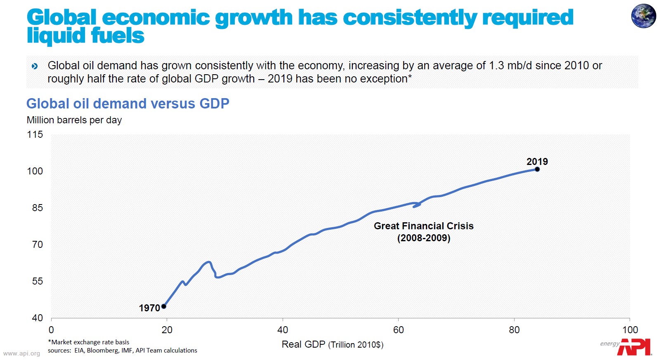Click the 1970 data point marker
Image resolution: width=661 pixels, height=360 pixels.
click(x=164, y=306)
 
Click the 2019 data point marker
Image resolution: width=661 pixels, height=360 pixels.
click(x=537, y=169)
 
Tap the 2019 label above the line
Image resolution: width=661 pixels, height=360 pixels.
click(x=537, y=162)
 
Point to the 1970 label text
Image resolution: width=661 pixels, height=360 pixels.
click(x=149, y=308)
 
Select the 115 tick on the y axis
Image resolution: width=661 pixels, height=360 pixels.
click(x=35, y=134)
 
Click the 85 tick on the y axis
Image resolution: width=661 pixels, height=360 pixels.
click(x=37, y=208)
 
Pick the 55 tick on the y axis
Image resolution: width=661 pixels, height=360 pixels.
click(x=37, y=281)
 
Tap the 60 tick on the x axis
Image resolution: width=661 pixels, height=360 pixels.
click(x=398, y=330)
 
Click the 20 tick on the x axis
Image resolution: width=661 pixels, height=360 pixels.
click(x=167, y=330)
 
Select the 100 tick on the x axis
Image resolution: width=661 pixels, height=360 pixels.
click(x=630, y=330)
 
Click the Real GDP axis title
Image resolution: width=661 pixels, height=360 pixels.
click(x=332, y=344)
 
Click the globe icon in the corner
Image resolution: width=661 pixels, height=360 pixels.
click(x=643, y=16)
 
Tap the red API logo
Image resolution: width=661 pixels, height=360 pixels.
click(x=634, y=347)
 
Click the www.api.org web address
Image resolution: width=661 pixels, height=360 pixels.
click(x=21, y=353)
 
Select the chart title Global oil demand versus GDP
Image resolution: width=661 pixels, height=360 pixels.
click(x=127, y=104)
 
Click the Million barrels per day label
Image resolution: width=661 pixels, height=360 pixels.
click(x=74, y=120)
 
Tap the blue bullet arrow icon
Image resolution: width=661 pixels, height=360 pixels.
click(x=35, y=66)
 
